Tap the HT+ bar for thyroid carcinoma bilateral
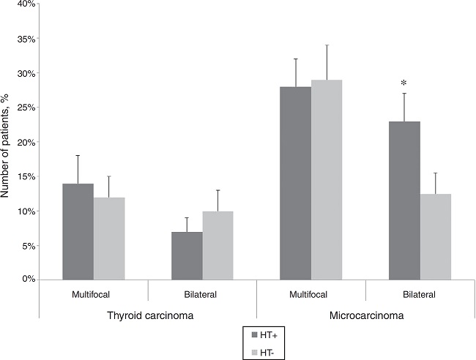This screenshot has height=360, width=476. coord(187,255)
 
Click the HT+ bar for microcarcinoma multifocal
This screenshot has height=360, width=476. coord(295,183)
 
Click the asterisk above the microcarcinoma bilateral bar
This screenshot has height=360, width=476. coord(404,83)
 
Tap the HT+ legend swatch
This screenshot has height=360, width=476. coord(253,334)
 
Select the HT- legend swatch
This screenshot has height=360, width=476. coord(253,352)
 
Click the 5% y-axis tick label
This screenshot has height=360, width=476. coord(27,246)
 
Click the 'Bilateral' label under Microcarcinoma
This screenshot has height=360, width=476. coord(419,295)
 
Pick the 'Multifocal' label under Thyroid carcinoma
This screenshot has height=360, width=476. coord(93,295)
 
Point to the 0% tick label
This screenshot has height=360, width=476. coord(27,280)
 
